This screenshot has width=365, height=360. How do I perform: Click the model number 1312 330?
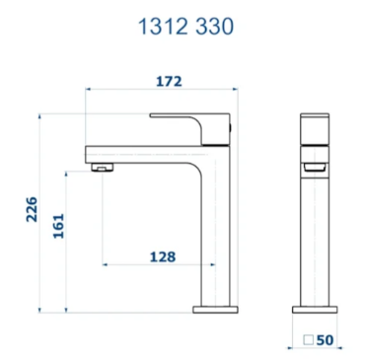coord(185,27)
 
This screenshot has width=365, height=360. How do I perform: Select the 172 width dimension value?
coord(169,81)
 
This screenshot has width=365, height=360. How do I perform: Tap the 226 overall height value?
coord(32,209)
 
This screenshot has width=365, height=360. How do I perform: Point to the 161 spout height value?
coord(58,226)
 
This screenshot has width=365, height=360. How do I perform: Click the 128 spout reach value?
coord(163,256)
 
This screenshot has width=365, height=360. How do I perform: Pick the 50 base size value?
coord(325,340)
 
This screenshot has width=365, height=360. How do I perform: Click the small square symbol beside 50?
coord(308,339)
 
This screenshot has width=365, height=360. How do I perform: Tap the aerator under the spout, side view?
coord(102,167)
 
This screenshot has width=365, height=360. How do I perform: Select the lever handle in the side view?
coord(190,129)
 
